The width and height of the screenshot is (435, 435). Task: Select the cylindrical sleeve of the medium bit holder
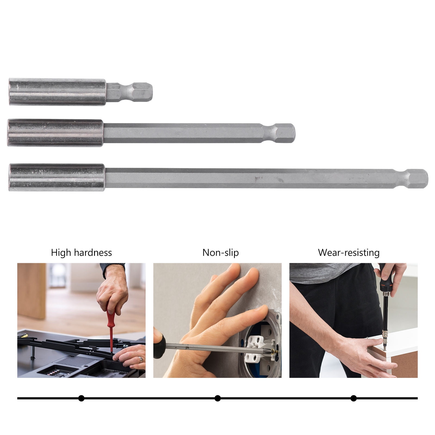tap(55, 133)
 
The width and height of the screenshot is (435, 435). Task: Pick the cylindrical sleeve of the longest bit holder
tap(57, 178)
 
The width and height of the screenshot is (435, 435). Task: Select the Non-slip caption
tap(220, 253)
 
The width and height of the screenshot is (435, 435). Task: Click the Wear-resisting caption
tap(349, 253)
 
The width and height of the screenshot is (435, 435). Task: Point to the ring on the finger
tap(141, 360)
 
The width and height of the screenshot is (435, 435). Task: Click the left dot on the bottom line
tap(81, 398)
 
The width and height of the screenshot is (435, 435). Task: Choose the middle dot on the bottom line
tap(217, 398)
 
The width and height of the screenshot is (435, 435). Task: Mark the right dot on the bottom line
tap(353, 398)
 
